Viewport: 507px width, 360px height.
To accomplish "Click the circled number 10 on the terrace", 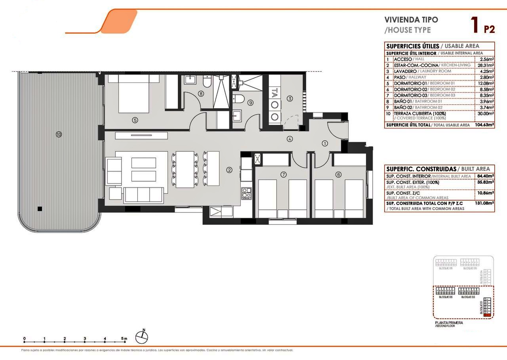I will (x=59, y=134).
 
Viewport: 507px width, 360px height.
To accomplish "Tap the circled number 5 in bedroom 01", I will (x=135, y=120).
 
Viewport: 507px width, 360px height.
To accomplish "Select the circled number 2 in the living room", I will (x=229, y=170).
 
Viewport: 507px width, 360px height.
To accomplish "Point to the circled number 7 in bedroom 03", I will (x=283, y=174).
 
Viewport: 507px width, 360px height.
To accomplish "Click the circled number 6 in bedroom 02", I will (x=338, y=174).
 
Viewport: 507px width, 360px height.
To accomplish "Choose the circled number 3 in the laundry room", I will (x=290, y=98).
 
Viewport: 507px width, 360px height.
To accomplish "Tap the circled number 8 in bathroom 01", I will (x=201, y=94).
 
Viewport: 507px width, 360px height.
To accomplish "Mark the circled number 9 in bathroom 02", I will (x=250, y=102).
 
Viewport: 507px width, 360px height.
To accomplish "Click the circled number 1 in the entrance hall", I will (x=325, y=144).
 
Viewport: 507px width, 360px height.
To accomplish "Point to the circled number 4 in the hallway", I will (x=290, y=139).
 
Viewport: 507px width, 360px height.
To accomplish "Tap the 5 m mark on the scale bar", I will (x=124, y=339).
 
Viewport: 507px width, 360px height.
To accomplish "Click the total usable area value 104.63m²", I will (x=484, y=125).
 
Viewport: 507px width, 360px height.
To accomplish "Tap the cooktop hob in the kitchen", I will (x=246, y=193).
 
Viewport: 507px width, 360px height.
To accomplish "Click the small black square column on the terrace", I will (x=40, y=209).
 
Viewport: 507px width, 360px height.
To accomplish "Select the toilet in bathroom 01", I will (x=206, y=82).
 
